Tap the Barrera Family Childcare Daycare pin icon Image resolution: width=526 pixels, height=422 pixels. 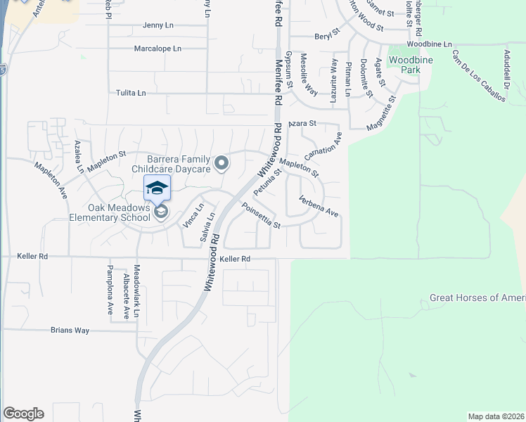pos(222,164)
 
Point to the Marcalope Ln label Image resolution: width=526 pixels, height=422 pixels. pos(158,49)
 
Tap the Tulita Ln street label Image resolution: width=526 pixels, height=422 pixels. pos(131,93)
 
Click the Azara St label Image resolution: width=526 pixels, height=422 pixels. pos(304,123)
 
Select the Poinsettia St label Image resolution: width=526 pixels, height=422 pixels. pos(261,216)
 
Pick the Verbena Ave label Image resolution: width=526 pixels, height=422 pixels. pos(319,205)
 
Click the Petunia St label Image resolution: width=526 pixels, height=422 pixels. pos(268,181)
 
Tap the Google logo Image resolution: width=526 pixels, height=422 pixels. pos(23,414)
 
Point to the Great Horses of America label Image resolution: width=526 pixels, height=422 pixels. pos(477,298)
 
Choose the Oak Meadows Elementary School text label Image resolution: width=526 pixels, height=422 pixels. pos(119,212)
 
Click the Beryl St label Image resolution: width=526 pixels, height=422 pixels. pos(327,33)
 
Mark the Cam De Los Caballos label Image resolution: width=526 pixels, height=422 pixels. pos(479,76)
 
